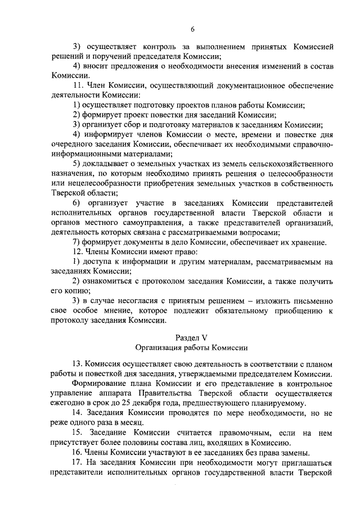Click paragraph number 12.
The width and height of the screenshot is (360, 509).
tap(78, 251)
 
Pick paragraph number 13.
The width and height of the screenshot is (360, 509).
tap(78, 364)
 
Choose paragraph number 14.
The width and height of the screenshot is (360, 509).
tap(78, 413)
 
